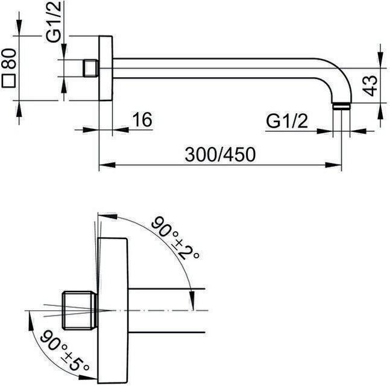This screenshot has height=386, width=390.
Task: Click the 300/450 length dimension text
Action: (x=220, y=154)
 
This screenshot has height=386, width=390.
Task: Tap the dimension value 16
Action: (x=142, y=120)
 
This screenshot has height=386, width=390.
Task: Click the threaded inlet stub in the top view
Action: (x=90, y=67)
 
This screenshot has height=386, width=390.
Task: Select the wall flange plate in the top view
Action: (x=105, y=67)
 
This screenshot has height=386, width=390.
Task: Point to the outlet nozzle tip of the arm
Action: (x=341, y=107)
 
